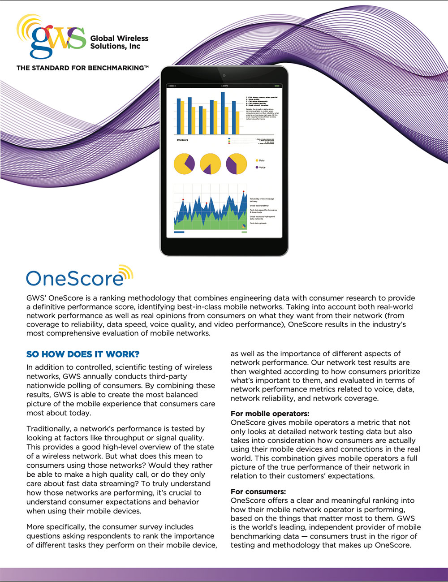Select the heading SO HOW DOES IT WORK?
point(83,354)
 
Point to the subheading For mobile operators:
point(270,414)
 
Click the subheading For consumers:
point(258,491)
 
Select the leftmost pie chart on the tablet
point(184,164)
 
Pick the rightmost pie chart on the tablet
point(237,164)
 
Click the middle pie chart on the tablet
point(210,164)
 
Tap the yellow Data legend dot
point(257,160)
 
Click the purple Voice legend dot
point(257,168)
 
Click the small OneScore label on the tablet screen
point(182,140)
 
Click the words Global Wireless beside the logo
point(119,39)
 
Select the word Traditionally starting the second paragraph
point(47,429)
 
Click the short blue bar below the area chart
point(179,232)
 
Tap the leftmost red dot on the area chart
point(183,199)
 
